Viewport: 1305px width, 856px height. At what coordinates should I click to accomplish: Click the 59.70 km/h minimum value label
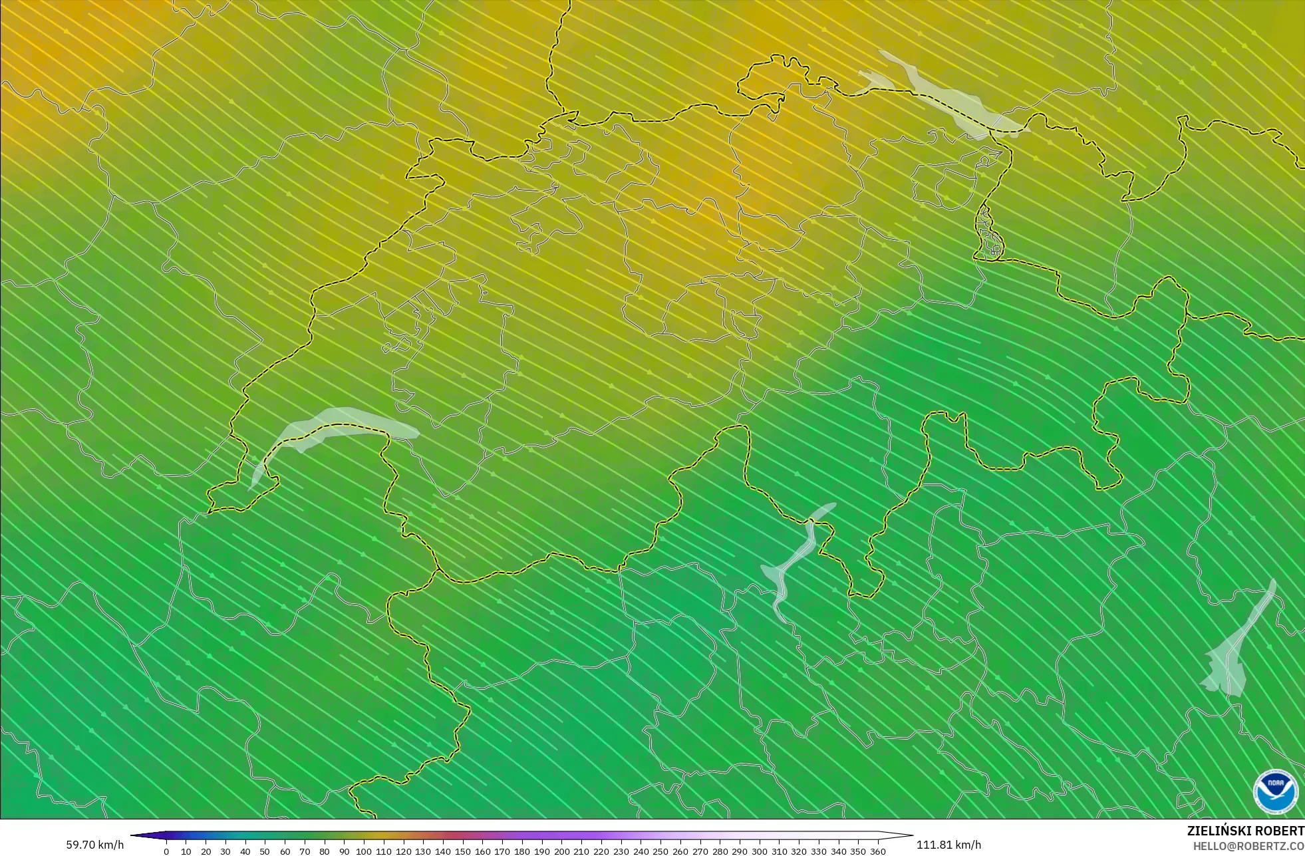(94, 845)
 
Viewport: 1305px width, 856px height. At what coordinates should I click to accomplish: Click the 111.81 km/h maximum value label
(948, 845)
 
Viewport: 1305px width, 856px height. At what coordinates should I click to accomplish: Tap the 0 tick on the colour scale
(166, 851)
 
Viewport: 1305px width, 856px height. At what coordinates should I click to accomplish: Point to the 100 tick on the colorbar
(364, 851)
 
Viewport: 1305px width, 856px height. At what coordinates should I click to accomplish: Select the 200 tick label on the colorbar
(561, 851)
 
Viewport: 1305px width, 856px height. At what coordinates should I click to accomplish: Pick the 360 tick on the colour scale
(878, 851)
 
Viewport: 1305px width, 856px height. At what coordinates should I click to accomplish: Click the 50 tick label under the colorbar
(265, 851)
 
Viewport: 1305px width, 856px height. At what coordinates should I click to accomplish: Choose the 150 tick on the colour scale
(462, 851)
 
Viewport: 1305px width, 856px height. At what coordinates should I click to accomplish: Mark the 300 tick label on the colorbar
(759, 851)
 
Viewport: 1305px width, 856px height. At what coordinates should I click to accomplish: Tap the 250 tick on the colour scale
(660, 851)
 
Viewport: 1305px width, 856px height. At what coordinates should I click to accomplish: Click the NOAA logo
(1275, 791)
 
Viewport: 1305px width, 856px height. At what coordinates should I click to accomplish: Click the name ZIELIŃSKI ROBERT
(1245, 831)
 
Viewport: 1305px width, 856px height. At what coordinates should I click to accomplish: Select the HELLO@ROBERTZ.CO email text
(1248, 846)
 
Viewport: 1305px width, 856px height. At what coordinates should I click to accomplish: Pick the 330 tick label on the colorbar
(819, 851)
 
